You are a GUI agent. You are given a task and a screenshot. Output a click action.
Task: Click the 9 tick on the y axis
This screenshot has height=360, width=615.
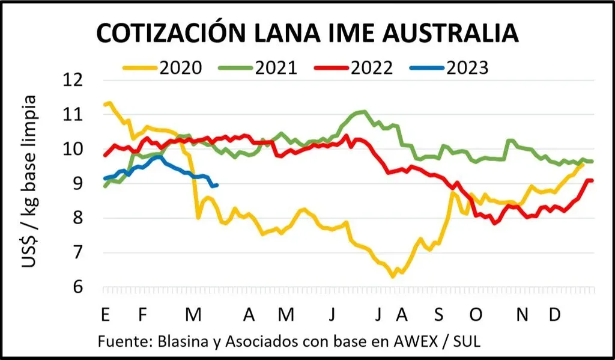80,184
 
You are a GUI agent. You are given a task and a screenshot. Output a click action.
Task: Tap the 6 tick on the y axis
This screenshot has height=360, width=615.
80,287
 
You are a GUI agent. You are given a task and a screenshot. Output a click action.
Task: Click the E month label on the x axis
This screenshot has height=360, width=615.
106,314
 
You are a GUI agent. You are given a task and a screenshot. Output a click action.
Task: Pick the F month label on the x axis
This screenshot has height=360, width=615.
142,314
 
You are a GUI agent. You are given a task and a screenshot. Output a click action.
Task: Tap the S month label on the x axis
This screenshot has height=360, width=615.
438,314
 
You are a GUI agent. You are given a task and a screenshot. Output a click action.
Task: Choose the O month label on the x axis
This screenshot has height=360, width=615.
476,314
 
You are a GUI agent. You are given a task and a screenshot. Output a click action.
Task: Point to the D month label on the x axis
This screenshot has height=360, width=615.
556,314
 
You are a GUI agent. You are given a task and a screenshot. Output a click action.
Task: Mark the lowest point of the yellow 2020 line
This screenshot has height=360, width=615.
393,276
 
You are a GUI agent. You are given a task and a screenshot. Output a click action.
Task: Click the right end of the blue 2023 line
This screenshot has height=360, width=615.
216,185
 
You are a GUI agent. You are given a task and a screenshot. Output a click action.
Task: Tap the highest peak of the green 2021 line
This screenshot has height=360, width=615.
363,111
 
